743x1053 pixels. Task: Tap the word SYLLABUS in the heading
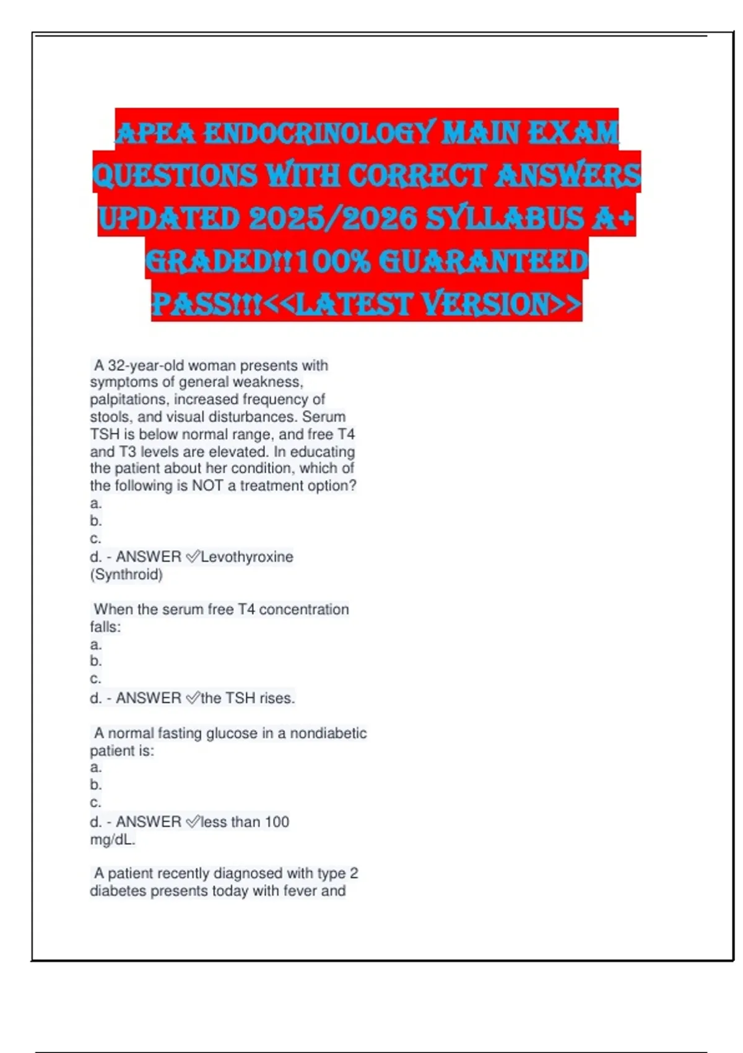[505, 218]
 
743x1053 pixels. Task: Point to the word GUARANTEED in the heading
[482, 261]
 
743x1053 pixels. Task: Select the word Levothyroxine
[247, 557]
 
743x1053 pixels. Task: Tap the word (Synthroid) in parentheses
[126, 574]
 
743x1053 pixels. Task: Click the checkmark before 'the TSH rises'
[193, 698]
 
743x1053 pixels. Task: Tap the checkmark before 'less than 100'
[193, 822]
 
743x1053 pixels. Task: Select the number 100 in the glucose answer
[277, 822]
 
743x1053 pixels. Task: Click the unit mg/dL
[112, 840]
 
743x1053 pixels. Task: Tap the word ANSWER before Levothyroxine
[149, 557]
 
